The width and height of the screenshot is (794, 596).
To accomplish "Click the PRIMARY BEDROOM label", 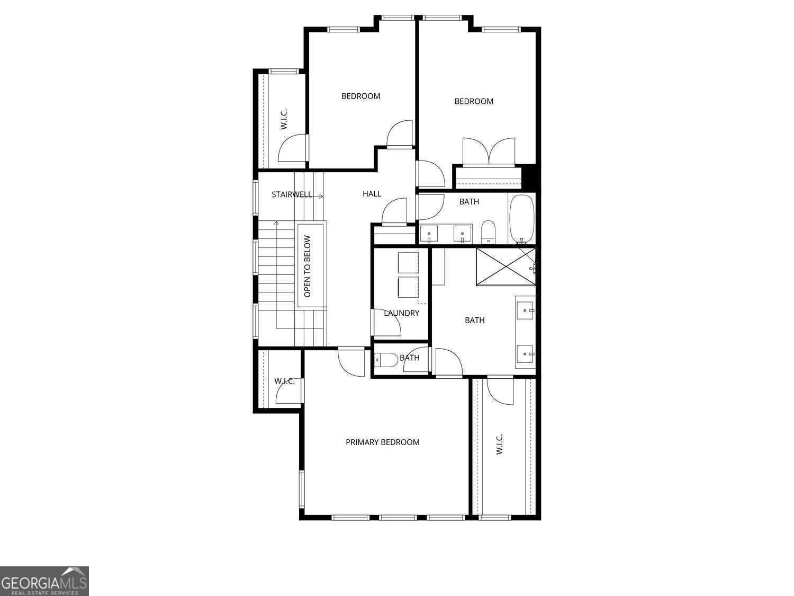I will point(382,442).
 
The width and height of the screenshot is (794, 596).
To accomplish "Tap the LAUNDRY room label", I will point(401,313).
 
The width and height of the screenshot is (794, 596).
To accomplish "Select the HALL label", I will point(372,194).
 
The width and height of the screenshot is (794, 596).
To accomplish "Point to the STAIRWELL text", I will point(292,194).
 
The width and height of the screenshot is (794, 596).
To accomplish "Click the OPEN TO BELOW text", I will point(308,265).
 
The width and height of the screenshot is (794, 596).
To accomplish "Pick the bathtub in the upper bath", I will point(522,218).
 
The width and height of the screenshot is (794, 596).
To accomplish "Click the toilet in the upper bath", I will point(488,232).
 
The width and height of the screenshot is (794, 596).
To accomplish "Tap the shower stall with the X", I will point(505,266).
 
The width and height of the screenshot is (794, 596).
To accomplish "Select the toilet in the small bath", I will point(387,361).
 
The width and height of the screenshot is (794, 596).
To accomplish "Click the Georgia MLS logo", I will point(44,581).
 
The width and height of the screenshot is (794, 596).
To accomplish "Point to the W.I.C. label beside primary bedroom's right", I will point(499,444).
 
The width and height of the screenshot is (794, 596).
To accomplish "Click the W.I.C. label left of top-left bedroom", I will point(284,119).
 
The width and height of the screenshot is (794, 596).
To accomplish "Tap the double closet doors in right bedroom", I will point(489,152).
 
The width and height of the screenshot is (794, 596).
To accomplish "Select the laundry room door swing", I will point(387,324).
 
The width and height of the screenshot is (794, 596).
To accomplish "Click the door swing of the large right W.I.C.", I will point(500,390).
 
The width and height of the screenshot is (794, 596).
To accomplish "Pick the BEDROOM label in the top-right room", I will point(474,101).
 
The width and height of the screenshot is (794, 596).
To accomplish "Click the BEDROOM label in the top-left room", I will point(360,96).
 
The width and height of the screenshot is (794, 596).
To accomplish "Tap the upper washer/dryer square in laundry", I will point(408,263).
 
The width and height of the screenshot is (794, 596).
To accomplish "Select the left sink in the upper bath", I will point(429,233).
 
